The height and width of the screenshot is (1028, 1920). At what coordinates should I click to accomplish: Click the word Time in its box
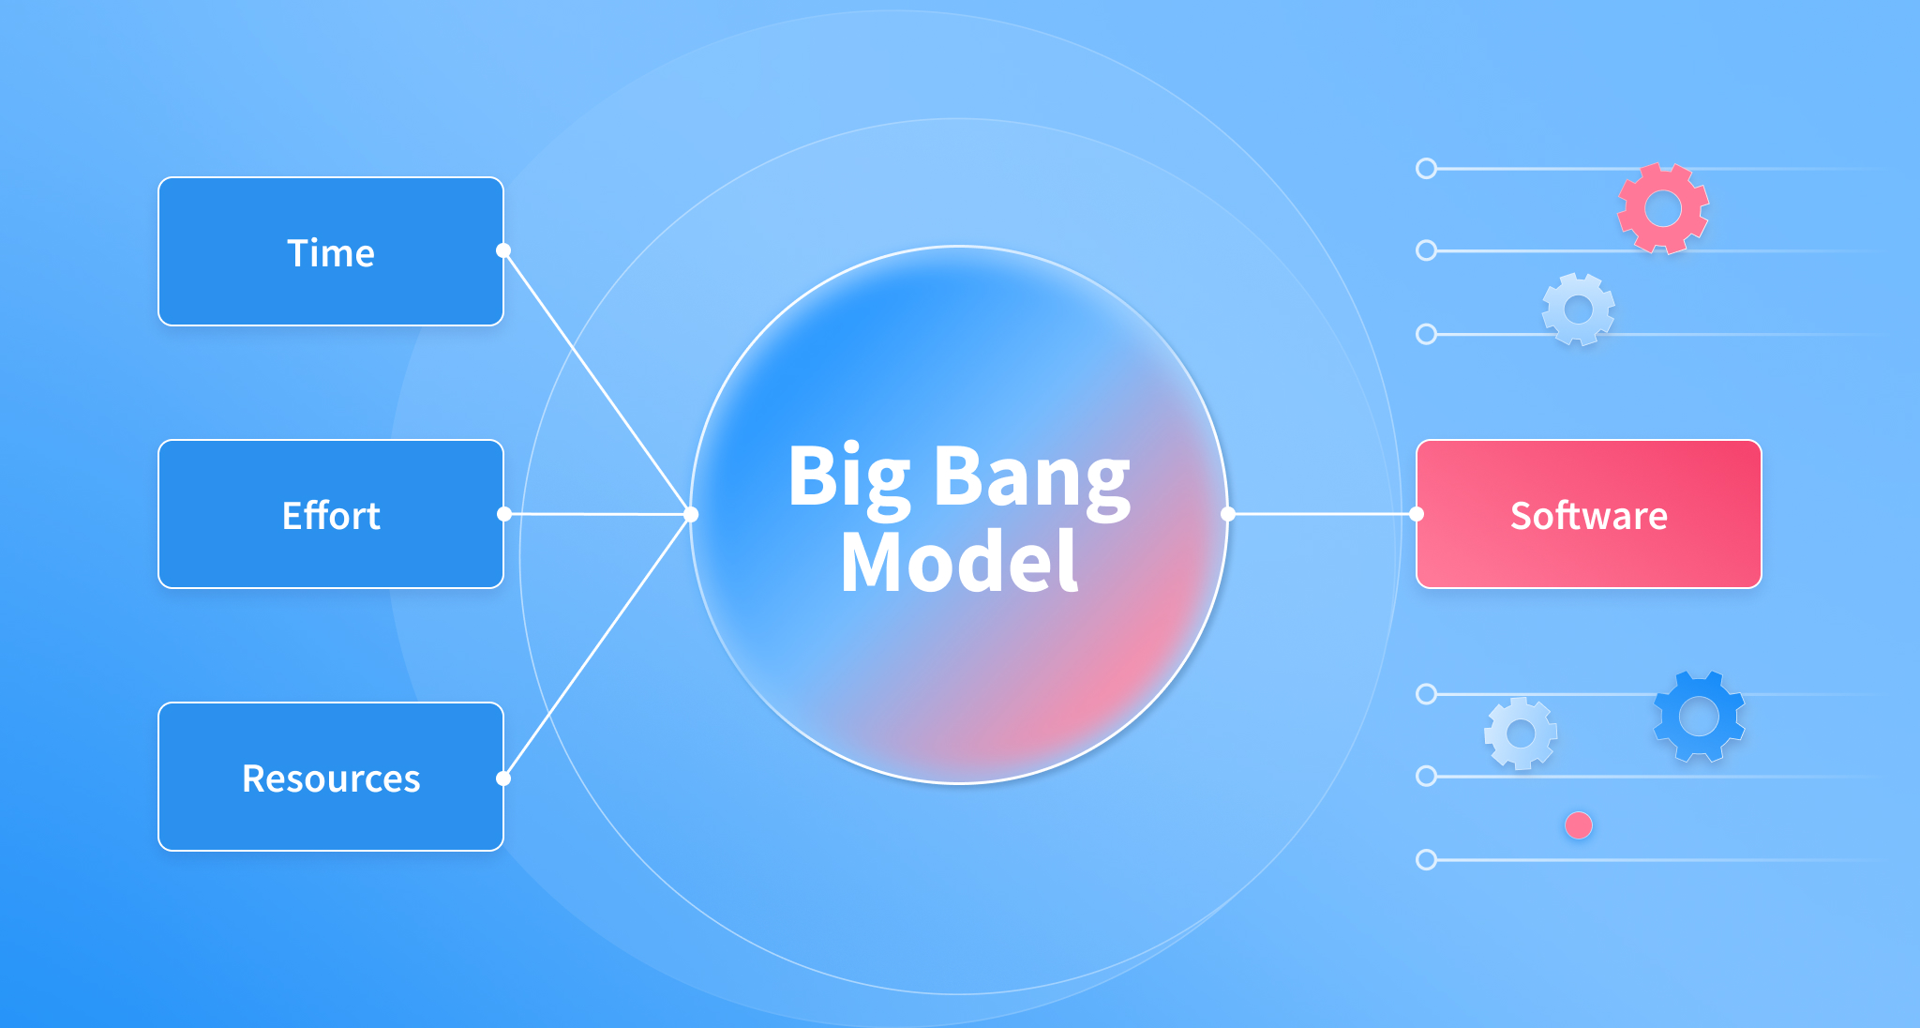pyautogui.click(x=331, y=253)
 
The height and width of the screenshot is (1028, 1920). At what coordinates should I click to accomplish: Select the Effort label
pyautogui.click(x=331, y=516)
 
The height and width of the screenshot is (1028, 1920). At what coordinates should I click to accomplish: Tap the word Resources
pyautogui.click(x=331, y=779)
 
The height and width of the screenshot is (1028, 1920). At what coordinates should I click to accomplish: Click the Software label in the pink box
pyautogui.click(x=1589, y=516)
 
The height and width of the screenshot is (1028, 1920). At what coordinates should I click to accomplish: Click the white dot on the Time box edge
pyautogui.click(x=503, y=250)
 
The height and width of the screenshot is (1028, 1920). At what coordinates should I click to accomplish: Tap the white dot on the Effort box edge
pyautogui.click(x=504, y=514)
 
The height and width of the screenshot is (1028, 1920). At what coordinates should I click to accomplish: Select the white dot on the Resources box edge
pyautogui.click(x=503, y=779)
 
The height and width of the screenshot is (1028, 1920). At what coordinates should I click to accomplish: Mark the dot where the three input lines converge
pyautogui.click(x=691, y=514)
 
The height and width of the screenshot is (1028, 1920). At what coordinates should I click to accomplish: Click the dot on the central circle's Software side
pyautogui.click(x=1228, y=514)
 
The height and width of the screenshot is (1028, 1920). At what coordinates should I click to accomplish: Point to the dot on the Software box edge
pyautogui.click(x=1417, y=514)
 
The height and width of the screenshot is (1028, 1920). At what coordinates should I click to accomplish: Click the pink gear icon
pyautogui.click(x=1663, y=208)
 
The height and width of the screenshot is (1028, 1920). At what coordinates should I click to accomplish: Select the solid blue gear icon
pyautogui.click(x=1699, y=717)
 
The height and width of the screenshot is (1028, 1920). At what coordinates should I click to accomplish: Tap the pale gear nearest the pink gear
pyautogui.click(x=1579, y=310)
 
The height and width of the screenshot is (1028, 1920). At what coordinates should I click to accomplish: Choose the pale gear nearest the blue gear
pyautogui.click(x=1521, y=733)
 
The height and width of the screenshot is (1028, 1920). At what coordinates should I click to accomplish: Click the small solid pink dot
pyautogui.click(x=1579, y=825)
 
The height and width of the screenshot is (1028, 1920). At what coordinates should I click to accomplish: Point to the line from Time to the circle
pyautogui.click(x=597, y=383)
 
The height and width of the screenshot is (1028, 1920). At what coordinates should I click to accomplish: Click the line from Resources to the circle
pyautogui.click(x=597, y=646)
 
